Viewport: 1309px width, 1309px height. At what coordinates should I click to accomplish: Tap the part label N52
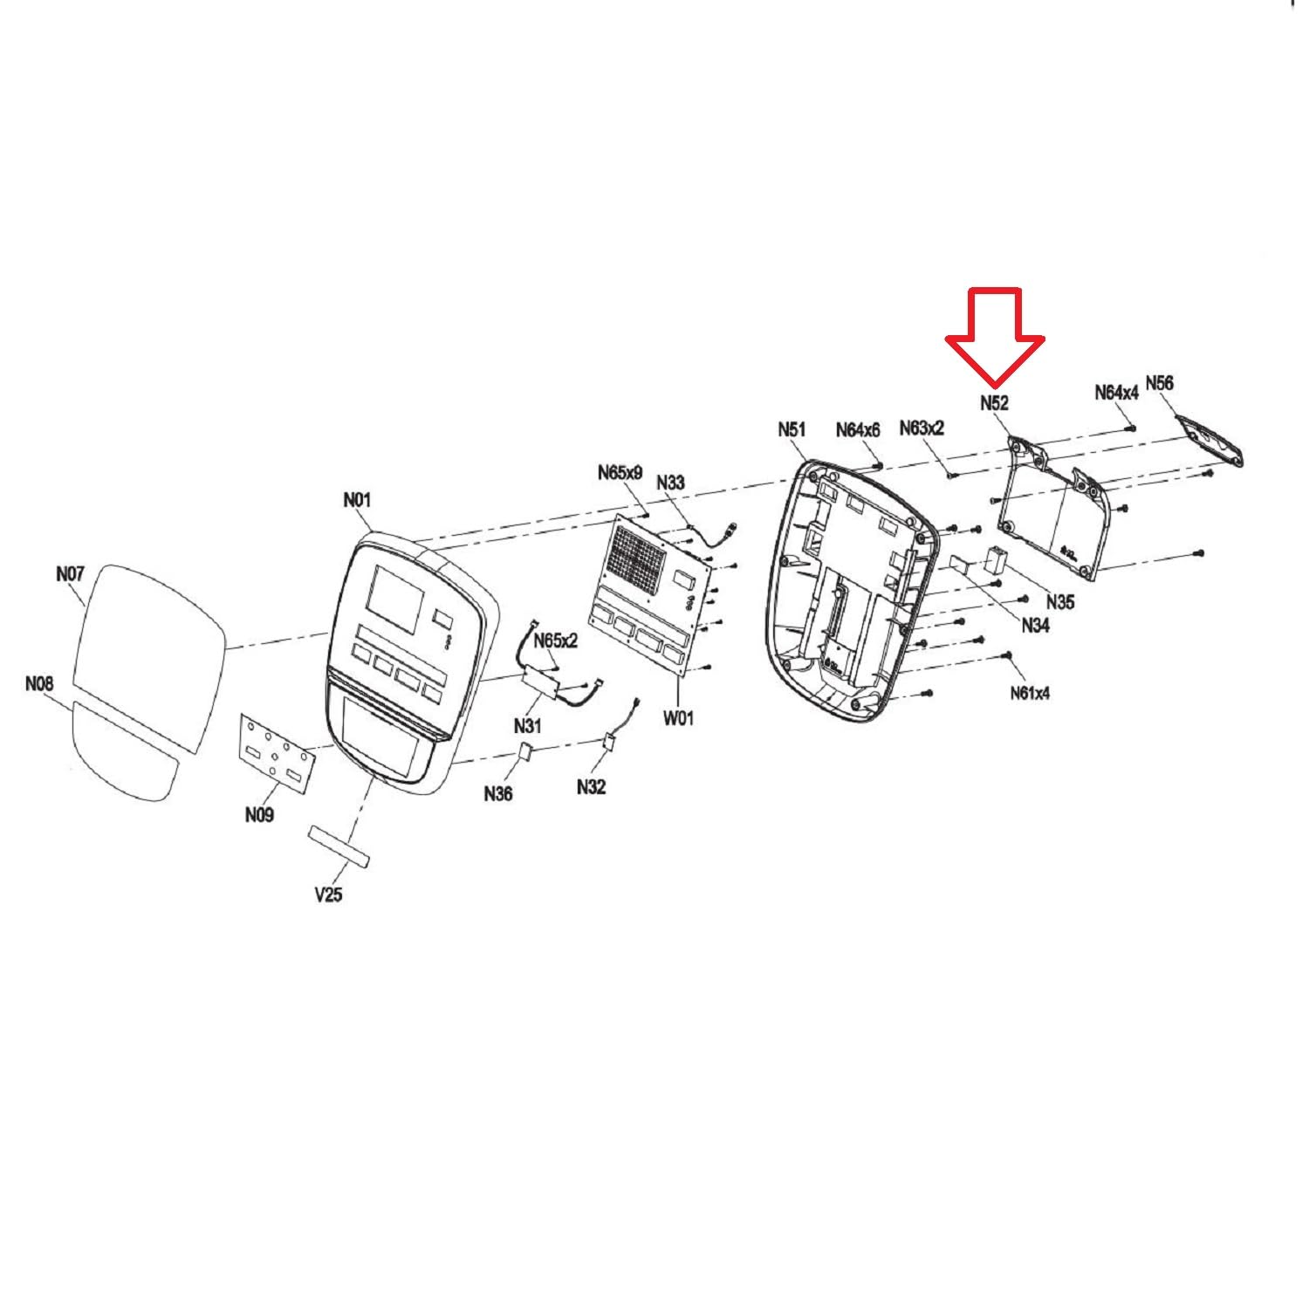coord(994,403)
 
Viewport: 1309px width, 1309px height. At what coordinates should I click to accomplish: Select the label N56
coord(1159,383)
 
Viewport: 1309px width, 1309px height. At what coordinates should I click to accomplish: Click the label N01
coord(357,500)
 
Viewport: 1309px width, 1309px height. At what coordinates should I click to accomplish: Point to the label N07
coord(70,573)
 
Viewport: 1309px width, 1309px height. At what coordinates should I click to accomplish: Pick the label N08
coord(39,683)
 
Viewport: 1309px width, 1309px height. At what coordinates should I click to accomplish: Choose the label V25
coord(328,894)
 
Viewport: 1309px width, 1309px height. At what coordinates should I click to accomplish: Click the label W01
coord(678,718)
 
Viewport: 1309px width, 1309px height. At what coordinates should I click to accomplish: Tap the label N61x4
coord(1031,693)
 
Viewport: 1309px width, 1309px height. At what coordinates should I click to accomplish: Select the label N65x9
coord(620,472)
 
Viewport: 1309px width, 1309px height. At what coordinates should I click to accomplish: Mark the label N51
coord(792,429)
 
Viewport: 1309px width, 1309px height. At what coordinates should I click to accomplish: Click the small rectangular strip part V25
coord(339,846)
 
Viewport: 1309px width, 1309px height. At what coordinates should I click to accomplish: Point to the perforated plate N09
coord(276,750)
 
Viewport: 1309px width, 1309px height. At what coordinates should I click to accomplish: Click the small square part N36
coord(526,751)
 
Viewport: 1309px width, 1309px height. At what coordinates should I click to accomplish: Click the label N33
coord(670,483)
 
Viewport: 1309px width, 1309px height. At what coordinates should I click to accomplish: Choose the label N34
coord(1035,625)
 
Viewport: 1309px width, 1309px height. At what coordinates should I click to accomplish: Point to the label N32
coord(591,787)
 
